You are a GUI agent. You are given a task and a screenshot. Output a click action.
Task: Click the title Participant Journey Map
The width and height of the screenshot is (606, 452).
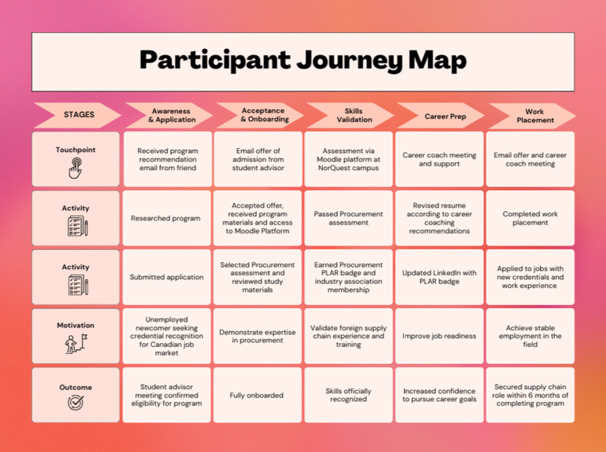coord(302,60)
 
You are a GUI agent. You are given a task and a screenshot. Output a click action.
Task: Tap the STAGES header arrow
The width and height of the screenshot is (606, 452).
coord(78,115)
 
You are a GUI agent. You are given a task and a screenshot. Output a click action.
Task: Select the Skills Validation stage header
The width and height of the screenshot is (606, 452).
coord(349,115)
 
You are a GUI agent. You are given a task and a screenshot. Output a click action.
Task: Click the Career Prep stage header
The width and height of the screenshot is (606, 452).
coord(440,116)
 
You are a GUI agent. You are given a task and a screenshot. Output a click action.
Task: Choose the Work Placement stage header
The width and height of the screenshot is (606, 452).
coord(531,115)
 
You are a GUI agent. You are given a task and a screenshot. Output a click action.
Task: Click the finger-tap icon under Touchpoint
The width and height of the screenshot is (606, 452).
coord(75,169)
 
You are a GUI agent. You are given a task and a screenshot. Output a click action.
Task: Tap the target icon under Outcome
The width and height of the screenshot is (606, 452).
coord(75,403)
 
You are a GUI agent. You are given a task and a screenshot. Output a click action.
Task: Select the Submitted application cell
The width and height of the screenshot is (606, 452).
coord(166,277)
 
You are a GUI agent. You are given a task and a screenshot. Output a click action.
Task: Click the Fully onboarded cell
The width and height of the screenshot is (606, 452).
coord(257,395)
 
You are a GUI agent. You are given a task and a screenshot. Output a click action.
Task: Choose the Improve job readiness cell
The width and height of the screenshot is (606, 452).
coord(440,336)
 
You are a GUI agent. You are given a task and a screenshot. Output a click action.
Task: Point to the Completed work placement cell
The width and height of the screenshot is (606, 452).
coord(531,219)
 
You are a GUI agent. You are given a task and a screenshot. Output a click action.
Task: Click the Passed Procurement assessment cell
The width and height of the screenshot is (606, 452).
coord(349,219)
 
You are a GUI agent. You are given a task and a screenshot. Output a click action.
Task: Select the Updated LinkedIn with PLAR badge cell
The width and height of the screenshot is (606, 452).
coord(440,277)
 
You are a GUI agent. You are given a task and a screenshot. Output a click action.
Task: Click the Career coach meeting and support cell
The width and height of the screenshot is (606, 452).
coord(440,160)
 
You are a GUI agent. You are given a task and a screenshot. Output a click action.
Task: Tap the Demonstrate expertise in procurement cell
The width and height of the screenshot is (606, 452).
coord(257,336)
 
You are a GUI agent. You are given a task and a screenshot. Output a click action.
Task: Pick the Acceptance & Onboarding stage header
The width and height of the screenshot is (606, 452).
coord(260,115)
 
